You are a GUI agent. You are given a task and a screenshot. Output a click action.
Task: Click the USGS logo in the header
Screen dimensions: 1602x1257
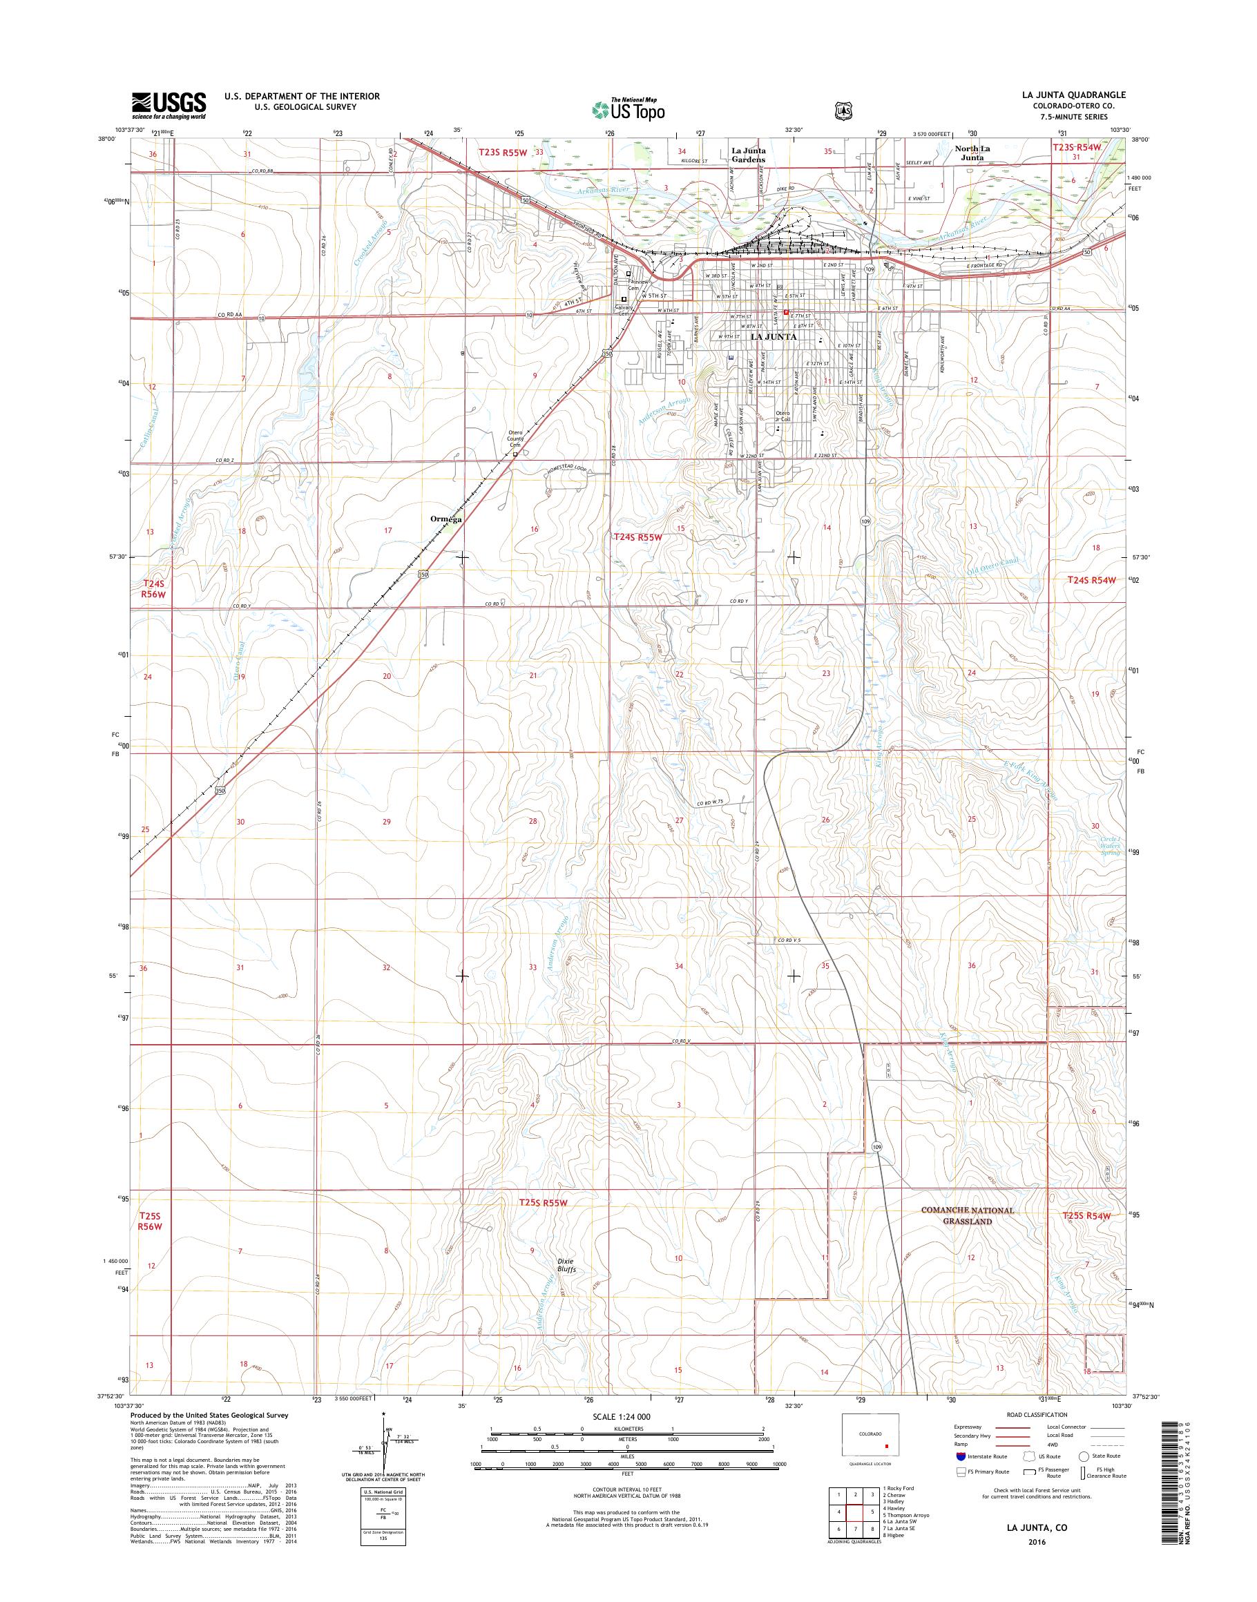point(169,105)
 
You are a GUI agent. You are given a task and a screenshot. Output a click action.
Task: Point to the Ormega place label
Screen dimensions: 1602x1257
point(446,519)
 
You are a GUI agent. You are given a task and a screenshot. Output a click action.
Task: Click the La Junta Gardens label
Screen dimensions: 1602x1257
point(748,155)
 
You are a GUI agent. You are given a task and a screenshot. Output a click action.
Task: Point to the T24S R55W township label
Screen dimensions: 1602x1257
point(638,537)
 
